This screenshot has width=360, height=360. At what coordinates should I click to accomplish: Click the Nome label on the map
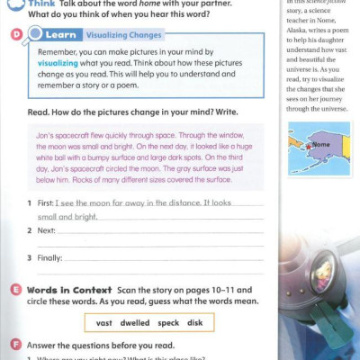coord(320,145)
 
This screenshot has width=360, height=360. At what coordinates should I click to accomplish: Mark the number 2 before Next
coord(31,230)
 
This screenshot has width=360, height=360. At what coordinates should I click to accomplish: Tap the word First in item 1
coord(47,203)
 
